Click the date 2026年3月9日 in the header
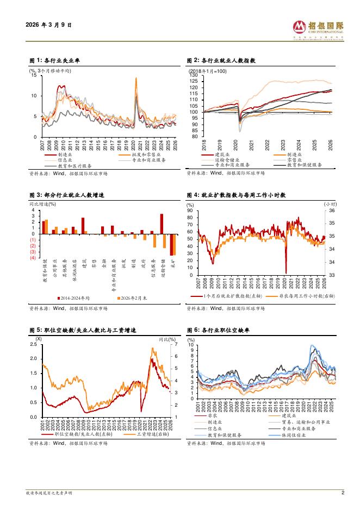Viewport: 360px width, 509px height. (x=48, y=25)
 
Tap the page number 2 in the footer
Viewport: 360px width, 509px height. (x=343, y=493)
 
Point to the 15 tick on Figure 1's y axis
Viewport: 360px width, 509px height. (x=34, y=76)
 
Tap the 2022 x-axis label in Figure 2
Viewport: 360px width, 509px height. (x=268, y=145)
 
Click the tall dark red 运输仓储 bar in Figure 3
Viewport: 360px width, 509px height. (x=162, y=224)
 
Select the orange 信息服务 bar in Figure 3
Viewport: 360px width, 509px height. (x=154, y=241)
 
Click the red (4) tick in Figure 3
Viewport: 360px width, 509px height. (x=33, y=258)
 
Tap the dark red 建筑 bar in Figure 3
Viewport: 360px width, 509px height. (x=83, y=226)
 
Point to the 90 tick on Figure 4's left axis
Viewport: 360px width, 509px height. (x=190, y=210)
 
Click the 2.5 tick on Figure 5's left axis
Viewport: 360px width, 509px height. (x=33, y=345)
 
